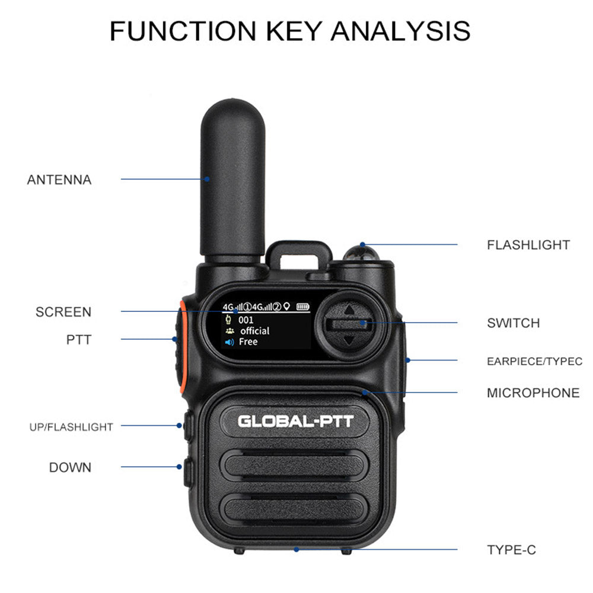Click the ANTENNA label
[59, 180]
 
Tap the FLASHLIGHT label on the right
[528, 245]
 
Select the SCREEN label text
[63, 312]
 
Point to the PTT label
[79, 340]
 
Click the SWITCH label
[514, 323]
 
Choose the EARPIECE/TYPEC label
[534, 361]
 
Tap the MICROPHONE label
[533, 393]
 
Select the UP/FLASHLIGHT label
[71, 427]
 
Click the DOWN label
[70, 467]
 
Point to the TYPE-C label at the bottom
[511, 550]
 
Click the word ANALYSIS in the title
[401, 31]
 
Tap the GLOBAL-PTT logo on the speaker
[295, 422]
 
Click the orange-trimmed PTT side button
[178, 350]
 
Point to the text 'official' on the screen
[254, 331]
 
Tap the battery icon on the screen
[303, 307]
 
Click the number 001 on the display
[246, 320]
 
